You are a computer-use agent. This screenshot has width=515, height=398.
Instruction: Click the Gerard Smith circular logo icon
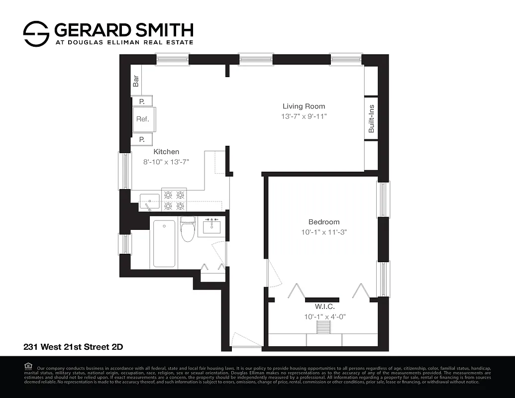point(36,34)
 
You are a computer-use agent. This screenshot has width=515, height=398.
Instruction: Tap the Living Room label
point(304,106)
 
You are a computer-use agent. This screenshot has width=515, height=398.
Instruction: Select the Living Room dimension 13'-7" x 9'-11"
point(304,116)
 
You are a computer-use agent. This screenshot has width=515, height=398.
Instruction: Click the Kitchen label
point(166,152)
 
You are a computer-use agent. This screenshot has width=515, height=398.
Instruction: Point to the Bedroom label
point(323,222)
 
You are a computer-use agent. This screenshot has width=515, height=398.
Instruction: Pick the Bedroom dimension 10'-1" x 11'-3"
point(323,232)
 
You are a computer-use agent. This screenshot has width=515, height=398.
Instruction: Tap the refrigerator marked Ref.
point(143,119)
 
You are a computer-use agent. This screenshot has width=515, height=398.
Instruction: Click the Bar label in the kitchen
point(135,80)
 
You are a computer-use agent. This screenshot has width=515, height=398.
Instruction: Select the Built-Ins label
point(371,118)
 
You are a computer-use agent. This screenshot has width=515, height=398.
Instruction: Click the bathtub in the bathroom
point(164,243)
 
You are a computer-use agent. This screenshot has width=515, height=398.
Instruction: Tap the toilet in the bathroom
point(188,229)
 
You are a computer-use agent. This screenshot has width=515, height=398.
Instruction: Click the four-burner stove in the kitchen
point(174,200)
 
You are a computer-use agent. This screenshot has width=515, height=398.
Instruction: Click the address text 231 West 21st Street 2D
point(70,346)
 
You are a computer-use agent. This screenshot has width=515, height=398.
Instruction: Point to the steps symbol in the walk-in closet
point(324,327)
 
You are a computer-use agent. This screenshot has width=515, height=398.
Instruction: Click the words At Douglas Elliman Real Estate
point(123,42)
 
